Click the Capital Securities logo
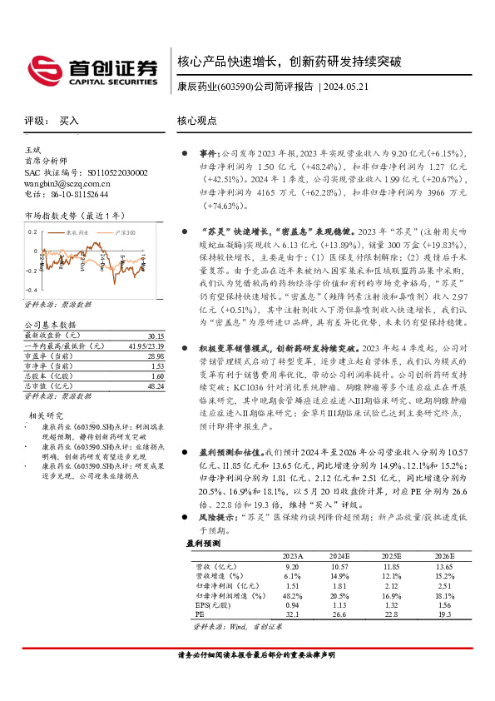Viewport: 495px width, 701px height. point(92,69)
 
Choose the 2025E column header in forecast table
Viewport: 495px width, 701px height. point(393,556)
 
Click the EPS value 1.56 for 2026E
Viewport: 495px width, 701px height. point(444,606)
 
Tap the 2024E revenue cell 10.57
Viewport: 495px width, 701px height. point(341,566)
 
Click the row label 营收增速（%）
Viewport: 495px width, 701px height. point(219,576)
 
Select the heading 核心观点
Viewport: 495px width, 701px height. point(197,122)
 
